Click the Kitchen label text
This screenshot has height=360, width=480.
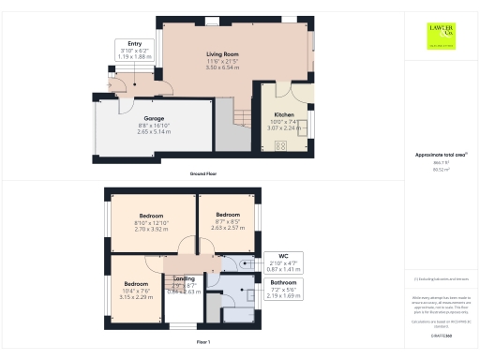(284, 115)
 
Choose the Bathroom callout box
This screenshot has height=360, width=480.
(283, 287)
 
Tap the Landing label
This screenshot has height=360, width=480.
(184, 278)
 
